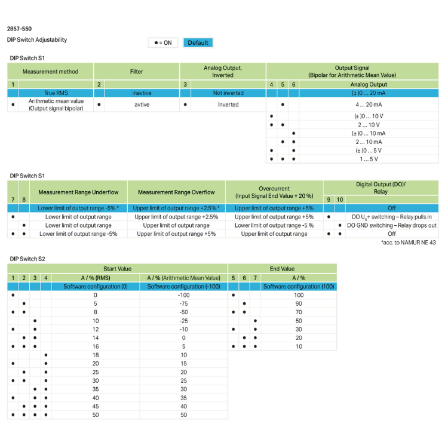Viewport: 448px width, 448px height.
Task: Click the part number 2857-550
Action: coord(19,29)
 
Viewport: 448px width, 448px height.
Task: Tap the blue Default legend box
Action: coord(198,42)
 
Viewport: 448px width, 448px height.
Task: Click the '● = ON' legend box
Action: coord(163,42)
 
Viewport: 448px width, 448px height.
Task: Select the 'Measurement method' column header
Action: coord(50,72)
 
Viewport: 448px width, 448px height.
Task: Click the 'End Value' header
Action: coord(283,269)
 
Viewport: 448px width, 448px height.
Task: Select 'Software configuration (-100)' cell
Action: coord(183,287)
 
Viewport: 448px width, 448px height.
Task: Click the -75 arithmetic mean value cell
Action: coord(183,303)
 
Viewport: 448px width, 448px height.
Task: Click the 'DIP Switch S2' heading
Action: coord(27,259)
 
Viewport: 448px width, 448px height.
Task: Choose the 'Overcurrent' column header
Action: coord(274,192)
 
